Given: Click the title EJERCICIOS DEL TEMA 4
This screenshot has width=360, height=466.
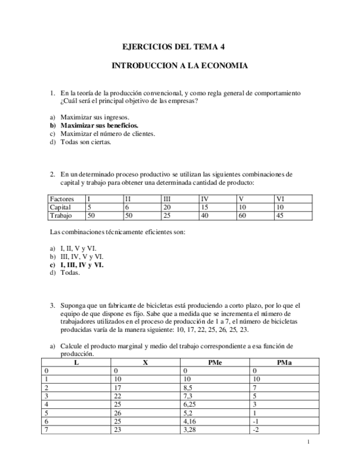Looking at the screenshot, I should (180, 47).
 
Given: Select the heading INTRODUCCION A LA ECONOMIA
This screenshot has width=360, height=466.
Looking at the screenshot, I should (180, 66).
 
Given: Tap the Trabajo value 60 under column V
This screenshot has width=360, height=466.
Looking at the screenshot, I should (243, 215).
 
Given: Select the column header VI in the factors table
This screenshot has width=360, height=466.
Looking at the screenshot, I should (281, 199).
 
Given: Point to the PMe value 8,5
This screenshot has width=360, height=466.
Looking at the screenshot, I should (189, 387).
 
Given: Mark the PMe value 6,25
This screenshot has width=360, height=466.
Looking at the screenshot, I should (190, 404).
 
